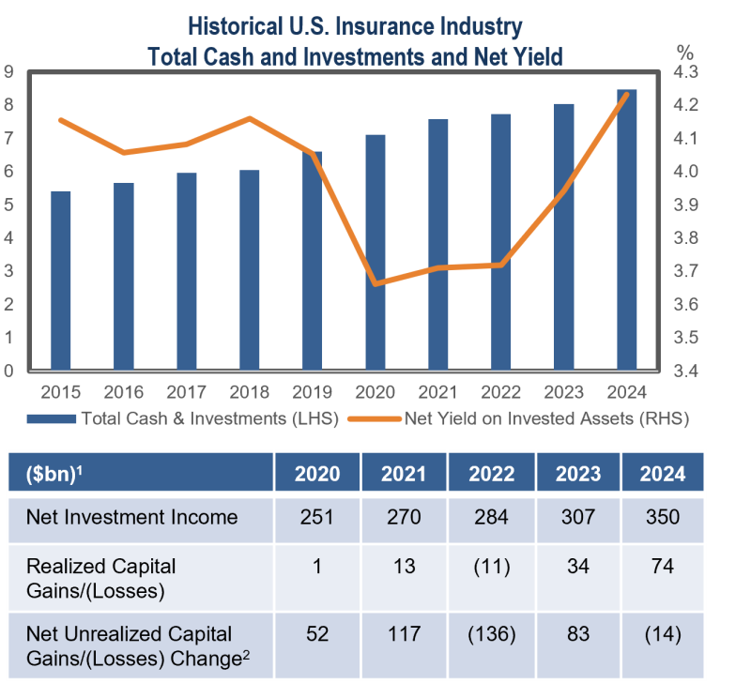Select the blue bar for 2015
[60, 281]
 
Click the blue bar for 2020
[375, 252]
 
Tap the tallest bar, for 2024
[627, 230]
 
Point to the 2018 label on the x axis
[249, 390]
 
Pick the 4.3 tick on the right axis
[690, 72]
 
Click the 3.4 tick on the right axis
[690, 372]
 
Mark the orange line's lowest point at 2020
[375, 283]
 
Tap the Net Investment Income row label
[131, 517]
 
